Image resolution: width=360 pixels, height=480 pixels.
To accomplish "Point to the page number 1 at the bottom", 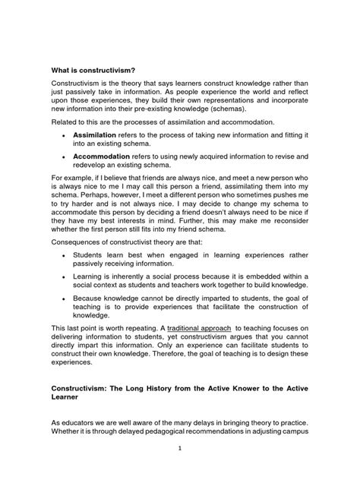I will pos(180,447).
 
